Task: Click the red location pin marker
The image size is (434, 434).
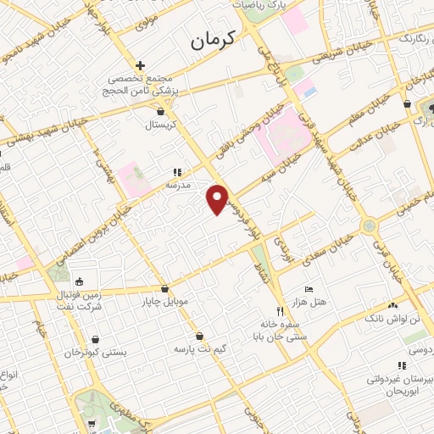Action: [218, 199]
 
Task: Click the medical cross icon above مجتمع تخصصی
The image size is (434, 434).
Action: [140, 64]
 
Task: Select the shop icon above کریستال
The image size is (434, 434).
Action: [161, 110]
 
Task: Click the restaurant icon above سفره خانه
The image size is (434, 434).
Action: [280, 311]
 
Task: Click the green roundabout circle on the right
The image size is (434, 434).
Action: [368, 226]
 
